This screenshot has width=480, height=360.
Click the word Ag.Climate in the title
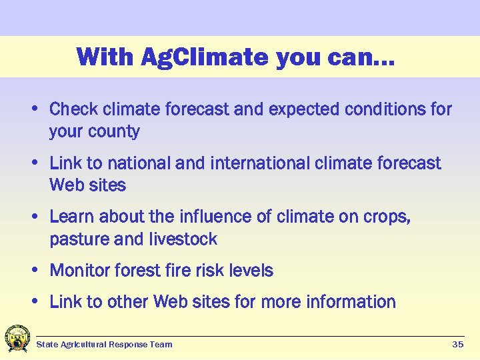tap(204, 57)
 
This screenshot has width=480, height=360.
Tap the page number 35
tap(457, 345)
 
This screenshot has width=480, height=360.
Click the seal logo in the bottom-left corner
tap(17, 339)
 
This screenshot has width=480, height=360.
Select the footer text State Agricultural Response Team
tap(104, 345)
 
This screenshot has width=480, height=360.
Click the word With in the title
tap(105, 57)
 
